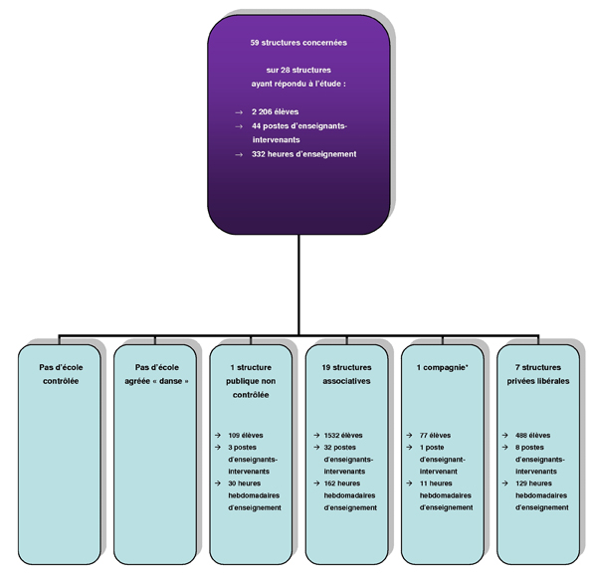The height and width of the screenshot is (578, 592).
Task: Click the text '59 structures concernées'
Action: [x=298, y=43]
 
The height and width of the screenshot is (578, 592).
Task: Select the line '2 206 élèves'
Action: [x=275, y=111]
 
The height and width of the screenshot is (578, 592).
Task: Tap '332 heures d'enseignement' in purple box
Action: [x=303, y=154]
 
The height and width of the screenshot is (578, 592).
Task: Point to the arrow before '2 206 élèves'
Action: [x=239, y=112]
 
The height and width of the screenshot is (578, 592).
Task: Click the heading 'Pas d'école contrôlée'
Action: [x=61, y=374]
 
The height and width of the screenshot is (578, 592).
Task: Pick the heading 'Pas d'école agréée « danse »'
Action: [x=156, y=374]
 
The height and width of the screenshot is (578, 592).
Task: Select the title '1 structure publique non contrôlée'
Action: [x=251, y=381]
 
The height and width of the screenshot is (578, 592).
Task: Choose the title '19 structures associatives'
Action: [x=346, y=374]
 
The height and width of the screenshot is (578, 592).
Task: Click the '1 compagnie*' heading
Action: [x=443, y=367]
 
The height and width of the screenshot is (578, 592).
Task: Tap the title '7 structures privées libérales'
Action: [x=538, y=374]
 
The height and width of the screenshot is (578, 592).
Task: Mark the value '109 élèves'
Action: [x=246, y=436]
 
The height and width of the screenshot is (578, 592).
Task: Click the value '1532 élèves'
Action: [x=343, y=436]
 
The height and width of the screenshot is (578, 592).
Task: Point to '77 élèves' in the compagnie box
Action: [x=436, y=436]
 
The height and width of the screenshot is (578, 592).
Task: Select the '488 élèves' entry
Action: [x=532, y=436]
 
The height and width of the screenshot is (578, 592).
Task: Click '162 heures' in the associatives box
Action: [x=342, y=483]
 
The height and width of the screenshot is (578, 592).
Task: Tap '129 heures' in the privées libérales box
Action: [x=533, y=483]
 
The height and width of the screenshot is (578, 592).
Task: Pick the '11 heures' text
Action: [x=436, y=483]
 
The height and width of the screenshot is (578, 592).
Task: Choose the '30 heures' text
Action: [x=245, y=483]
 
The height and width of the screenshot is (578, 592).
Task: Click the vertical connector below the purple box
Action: [x=298, y=285]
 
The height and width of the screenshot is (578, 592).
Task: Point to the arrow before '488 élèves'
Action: [x=504, y=436]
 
